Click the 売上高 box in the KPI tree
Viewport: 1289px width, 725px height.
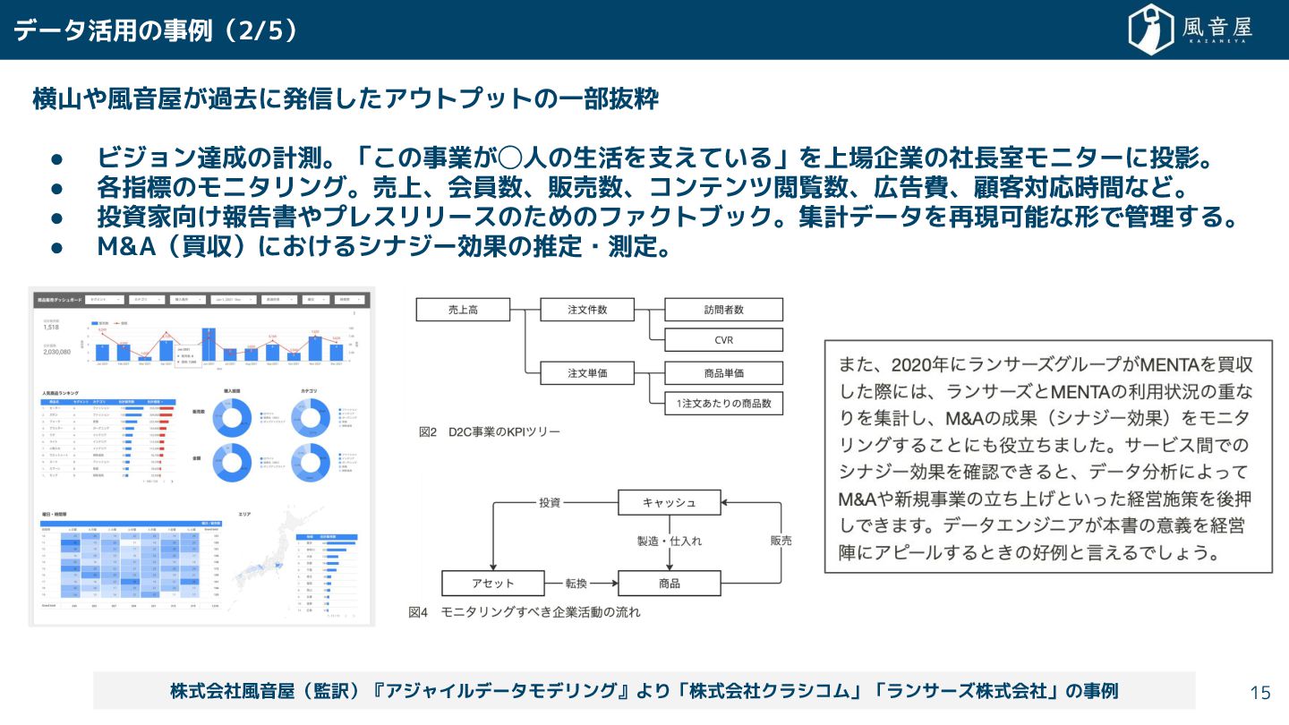(x=463, y=310)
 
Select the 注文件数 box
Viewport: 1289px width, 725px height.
(x=587, y=310)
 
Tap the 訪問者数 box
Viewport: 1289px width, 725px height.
(x=723, y=310)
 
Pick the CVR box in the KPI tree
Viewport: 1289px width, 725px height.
(x=723, y=340)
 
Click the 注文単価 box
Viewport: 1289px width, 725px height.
(x=587, y=372)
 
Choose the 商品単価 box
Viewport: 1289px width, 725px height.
(x=723, y=372)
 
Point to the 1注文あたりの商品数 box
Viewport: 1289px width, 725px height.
(x=723, y=404)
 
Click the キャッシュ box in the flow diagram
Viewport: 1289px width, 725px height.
(x=669, y=502)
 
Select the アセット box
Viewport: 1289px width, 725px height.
(x=493, y=583)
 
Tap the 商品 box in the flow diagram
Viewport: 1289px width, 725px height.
(x=669, y=583)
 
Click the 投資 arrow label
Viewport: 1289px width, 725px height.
(x=549, y=502)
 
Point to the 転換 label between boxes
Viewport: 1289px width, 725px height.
(x=576, y=583)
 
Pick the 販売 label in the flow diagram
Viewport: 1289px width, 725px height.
(x=781, y=541)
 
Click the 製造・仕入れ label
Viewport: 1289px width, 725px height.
(x=670, y=542)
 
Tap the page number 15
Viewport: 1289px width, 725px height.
(x=1259, y=692)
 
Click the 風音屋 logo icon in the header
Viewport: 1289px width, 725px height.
(x=1151, y=30)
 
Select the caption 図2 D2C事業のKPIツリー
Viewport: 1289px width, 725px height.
(x=489, y=432)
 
